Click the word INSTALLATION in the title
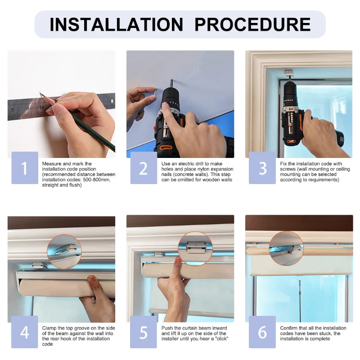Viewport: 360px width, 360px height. coord(117,24)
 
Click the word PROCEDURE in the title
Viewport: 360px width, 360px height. coord(252,24)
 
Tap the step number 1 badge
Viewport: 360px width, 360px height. coord(25,168)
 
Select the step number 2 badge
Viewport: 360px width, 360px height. coord(144,168)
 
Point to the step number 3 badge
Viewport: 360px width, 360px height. coord(262,168)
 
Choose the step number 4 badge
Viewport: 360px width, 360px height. coord(25,332)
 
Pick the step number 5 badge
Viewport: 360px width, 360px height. coord(144,332)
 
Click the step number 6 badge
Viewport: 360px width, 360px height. coord(262,332)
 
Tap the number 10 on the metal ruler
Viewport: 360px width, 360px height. coord(41,107)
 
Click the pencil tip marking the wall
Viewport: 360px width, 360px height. coord(40,93)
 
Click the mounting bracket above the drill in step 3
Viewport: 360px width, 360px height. coord(289,74)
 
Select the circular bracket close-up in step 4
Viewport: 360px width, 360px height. coord(64,252)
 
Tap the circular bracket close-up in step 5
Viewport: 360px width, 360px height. coord(195,249)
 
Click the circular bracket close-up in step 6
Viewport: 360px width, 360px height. coord(286,248)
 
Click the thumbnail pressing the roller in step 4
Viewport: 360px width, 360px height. coord(93,279)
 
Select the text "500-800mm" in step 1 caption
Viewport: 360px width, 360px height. coord(97,180)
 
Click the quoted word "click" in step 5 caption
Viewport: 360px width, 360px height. coord(221,339)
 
